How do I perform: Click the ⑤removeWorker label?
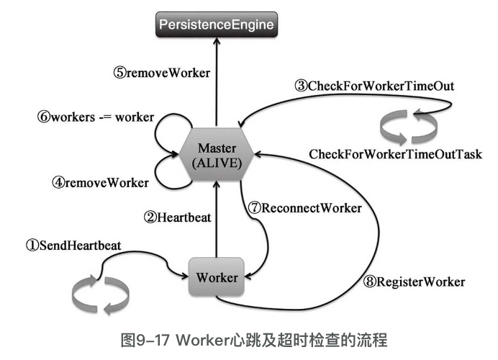pyautogui.click(x=161, y=72)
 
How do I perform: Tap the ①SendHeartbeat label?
pyautogui.click(x=73, y=246)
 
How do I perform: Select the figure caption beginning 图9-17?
pyautogui.click(x=248, y=338)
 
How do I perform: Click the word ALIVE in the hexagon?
pyautogui.click(x=217, y=162)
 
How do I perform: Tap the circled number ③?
pyautogui.click(x=301, y=86)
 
